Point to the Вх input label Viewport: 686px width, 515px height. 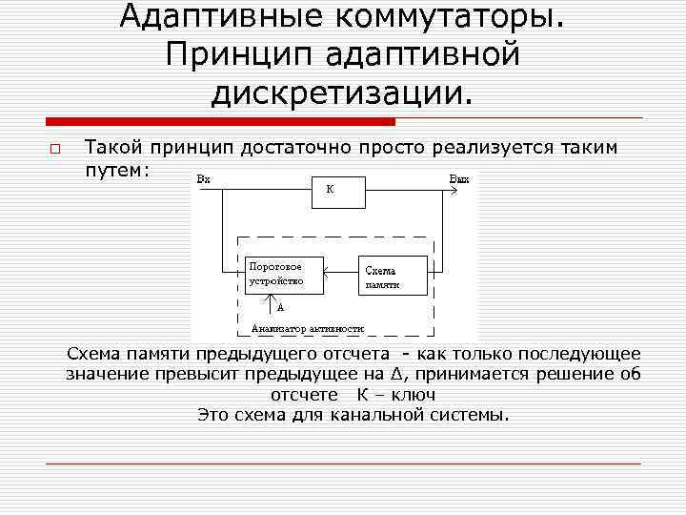point(203,178)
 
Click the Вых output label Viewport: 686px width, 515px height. point(458,178)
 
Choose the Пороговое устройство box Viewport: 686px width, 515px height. point(284,273)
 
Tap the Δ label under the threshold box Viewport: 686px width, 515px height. point(280,307)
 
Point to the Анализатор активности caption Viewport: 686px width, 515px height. point(308,329)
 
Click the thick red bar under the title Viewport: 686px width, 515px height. point(221,122)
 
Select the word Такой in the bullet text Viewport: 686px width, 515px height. point(115,148)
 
